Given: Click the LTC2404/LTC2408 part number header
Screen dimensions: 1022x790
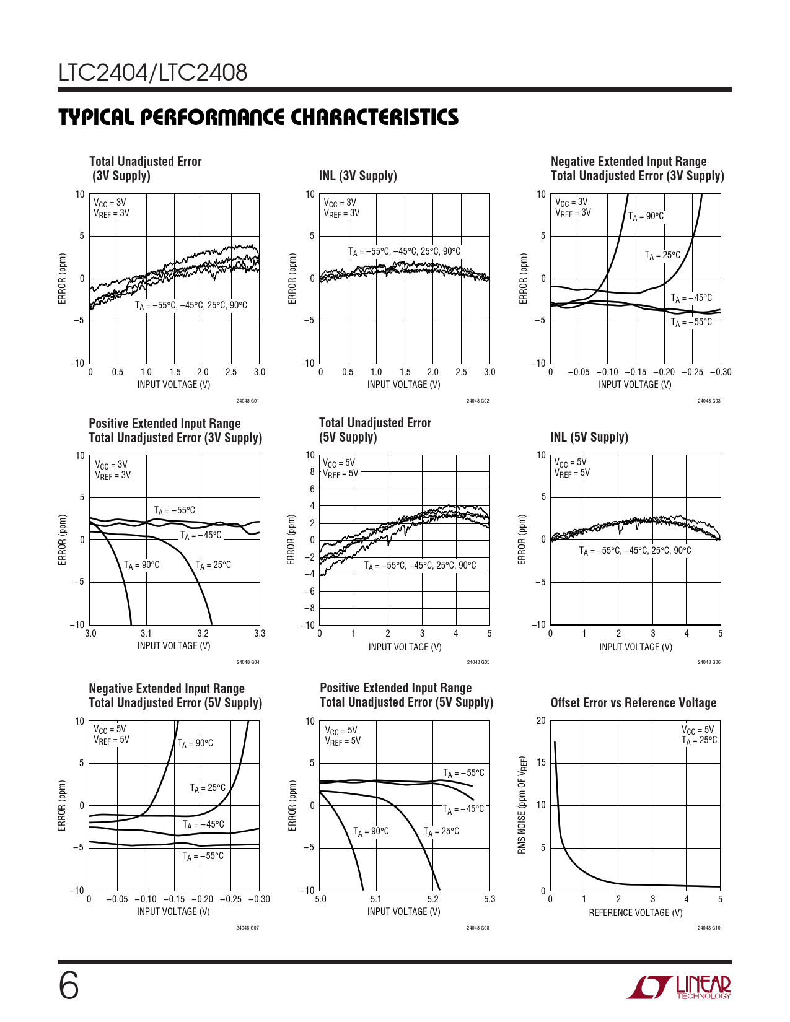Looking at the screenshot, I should [x=153, y=73].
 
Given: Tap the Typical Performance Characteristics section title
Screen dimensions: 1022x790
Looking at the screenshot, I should [x=258, y=117].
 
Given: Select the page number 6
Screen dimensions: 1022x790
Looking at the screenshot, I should [x=69, y=986].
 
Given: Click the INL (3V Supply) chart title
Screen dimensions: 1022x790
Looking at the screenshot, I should [x=358, y=176].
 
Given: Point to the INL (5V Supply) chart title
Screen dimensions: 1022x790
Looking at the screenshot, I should [x=589, y=437].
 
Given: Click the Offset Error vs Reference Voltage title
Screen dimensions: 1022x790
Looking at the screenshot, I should [x=633, y=703].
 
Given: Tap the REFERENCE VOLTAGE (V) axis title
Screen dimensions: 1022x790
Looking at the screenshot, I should [x=635, y=912].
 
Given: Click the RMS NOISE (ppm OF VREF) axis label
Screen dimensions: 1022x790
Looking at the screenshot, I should [x=522, y=805].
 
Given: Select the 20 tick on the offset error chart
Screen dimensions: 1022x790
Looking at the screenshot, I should [x=541, y=721].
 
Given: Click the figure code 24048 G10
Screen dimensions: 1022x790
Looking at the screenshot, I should [x=709, y=928].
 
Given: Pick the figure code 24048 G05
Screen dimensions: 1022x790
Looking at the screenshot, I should [x=478, y=662].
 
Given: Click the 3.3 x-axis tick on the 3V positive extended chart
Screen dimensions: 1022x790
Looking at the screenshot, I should [x=260, y=634].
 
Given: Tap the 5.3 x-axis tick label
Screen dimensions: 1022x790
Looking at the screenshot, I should [x=489, y=899].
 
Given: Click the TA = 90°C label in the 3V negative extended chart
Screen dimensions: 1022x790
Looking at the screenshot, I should [x=646, y=216].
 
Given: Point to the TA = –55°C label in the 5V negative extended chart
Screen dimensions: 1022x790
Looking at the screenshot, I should [x=203, y=856].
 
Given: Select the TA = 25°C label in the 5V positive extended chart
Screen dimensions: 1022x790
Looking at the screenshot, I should [x=441, y=831].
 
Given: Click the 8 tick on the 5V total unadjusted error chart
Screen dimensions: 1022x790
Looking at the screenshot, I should [x=312, y=472].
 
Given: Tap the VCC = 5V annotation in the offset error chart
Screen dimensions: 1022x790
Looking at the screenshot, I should [x=698, y=730].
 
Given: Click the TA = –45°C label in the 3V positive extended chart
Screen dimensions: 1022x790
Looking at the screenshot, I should [x=201, y=535].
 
